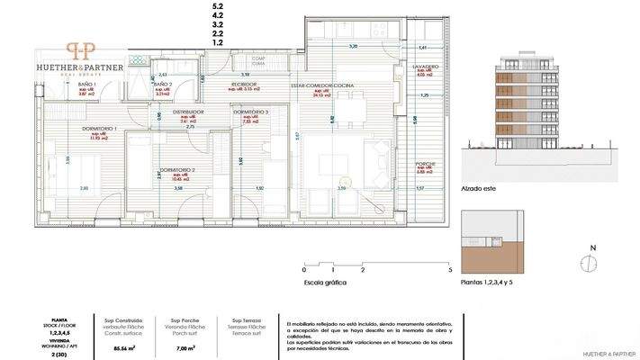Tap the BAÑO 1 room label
click(86, 85)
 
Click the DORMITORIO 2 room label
click(177, 169)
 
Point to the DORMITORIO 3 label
click(250, 111)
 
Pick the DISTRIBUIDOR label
click(189, 112)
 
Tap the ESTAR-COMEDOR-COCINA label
click(321, 85)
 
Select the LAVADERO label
click(426, 67)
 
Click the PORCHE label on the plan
click(425, 164)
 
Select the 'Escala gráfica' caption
click(326, 283)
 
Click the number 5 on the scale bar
click(448, 269)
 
